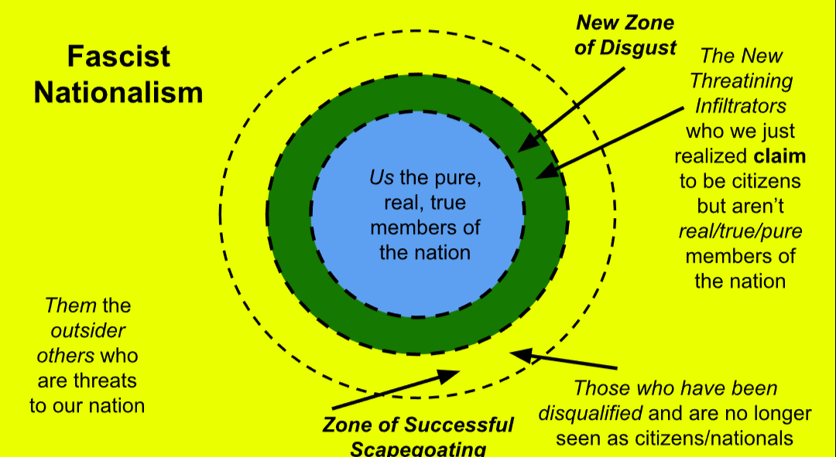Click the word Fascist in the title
[118, 56]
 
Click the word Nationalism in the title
[118, 92]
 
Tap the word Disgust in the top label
[639, 47]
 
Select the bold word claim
[779, 156]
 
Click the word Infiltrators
[741, 105]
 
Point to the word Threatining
[741, 80]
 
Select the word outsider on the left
[87, 330]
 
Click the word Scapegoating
[418, 448]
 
